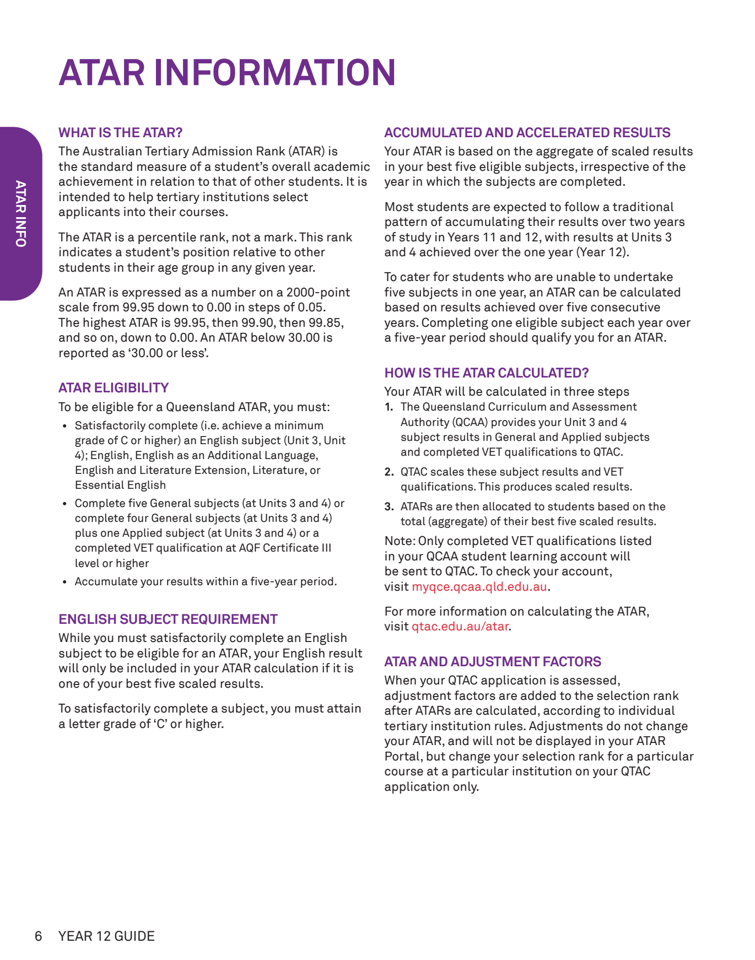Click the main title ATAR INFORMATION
[227, 73]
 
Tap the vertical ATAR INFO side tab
[20, 214]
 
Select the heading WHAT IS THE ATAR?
[120, 133]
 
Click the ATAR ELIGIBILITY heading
[114, 388]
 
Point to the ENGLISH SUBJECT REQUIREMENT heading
[168, 619]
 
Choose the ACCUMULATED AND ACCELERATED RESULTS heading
[527, 133]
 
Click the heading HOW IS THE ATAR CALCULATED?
[486, 373]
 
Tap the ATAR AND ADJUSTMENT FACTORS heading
[492, 662]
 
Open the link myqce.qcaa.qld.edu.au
[479, 587]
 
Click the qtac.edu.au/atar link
[460, 627]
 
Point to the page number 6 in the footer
[38, 936]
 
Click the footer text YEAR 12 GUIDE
[106, 936]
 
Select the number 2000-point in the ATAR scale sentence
[318, 293]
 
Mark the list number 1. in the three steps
[389, 407]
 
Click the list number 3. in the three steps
[389, 507]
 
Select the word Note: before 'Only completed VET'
[400, 541]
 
